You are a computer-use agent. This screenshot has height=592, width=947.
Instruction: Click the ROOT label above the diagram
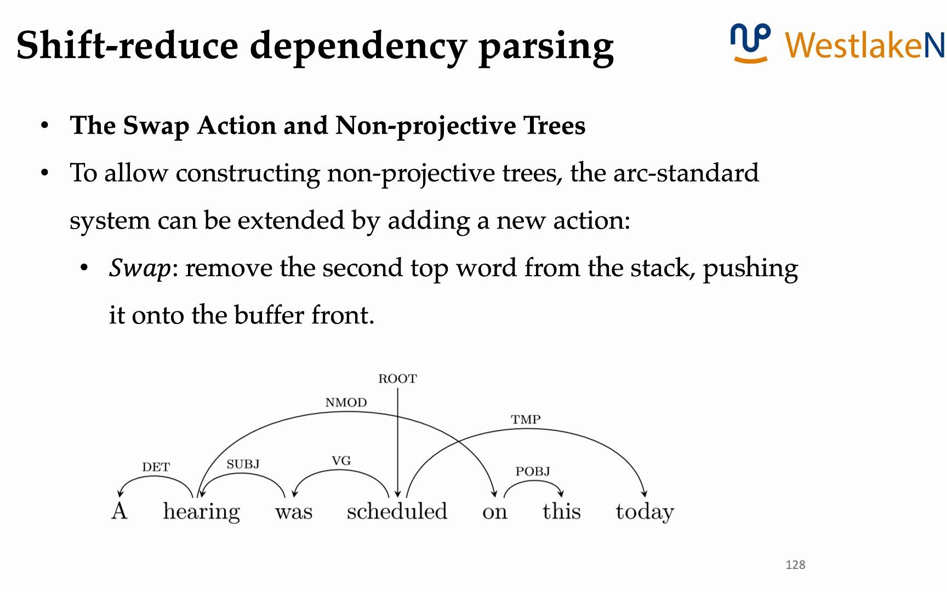click(397, 379)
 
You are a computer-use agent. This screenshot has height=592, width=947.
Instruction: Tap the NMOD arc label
click(346, 403)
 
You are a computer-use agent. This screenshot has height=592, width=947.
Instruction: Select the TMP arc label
click(526, 420)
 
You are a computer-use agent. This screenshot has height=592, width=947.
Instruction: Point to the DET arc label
click(156, 467)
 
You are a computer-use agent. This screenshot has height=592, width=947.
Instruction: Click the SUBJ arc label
click(243, 464)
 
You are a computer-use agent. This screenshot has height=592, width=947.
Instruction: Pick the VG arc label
click(341, 461)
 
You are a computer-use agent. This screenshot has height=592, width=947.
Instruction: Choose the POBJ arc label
click(533, 471)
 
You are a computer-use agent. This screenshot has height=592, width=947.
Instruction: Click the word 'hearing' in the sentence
click(201, 512)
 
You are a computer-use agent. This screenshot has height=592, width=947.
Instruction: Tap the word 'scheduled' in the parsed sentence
click(397, 511)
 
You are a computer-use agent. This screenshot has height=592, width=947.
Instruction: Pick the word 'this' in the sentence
click(561, 511)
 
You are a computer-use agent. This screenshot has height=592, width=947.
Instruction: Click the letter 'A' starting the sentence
click(119, 511)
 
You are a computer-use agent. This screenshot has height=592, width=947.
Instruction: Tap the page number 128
click(795, 565)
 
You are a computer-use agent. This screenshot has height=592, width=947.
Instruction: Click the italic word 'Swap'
click(140, 269)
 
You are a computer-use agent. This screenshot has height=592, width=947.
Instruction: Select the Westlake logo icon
click(750, 43)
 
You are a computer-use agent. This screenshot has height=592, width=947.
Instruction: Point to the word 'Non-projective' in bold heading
click(425, 126)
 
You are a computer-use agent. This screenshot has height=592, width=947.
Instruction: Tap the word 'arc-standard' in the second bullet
click(686, 173)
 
